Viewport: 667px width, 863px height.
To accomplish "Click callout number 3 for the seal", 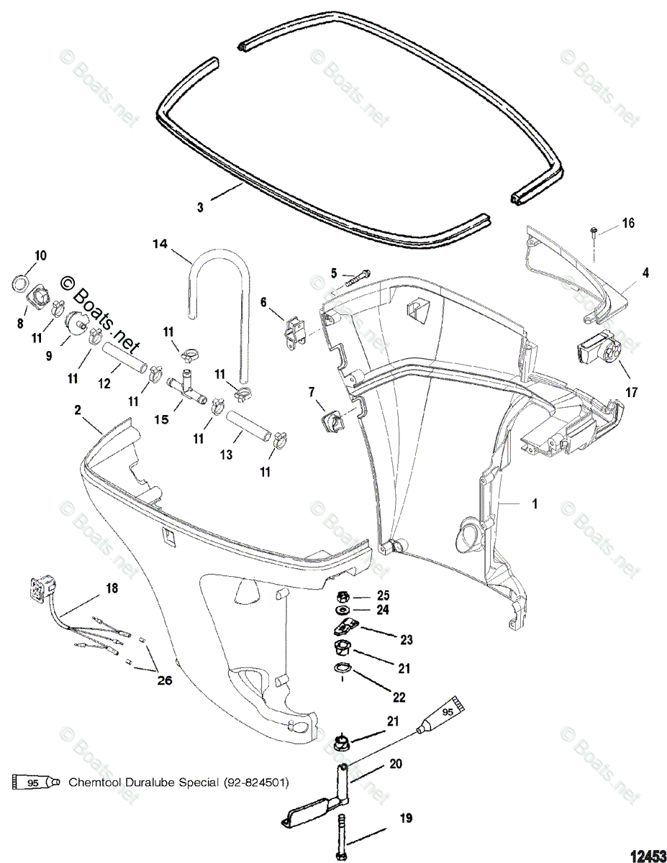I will pyautogui.click(x=200, y=206).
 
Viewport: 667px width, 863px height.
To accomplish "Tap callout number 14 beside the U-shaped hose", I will pyautogui.click(x=160, y=244).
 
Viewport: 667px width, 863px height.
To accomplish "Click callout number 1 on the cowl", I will pyautogui.click(x=534, y=504).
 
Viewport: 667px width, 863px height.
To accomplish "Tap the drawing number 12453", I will pyautogui.click(x=646, y=855).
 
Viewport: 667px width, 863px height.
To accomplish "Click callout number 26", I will pyautogui.click(x=165, y=680).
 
